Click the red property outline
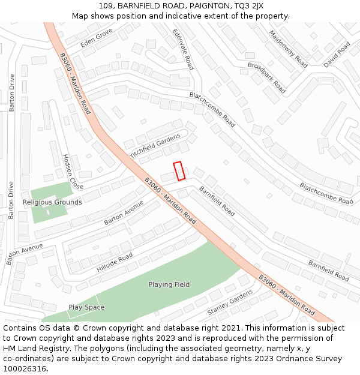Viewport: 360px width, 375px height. pyautogui.click(x=179, y=171)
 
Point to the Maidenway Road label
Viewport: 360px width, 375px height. pyautogui.click(x=289, y=49)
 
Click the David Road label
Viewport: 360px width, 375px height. pyautogui.click(x=337, y=55)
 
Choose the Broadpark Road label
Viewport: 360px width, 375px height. pyautogui.click(x=266, y=77)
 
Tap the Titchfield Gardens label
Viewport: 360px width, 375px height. pyautogui.click(x=155, y=146)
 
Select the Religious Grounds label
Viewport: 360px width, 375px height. pyautogui.click(x=52, y=202)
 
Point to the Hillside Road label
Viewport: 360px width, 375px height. pyautogui.click(x=115, y=263)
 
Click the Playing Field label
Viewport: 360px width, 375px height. pyautogui.click(x=169, y=284)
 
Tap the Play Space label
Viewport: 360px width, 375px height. pyautogui.click(x=86, y=307)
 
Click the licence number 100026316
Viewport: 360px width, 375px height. pyautogui.click(x=25, y=368)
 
